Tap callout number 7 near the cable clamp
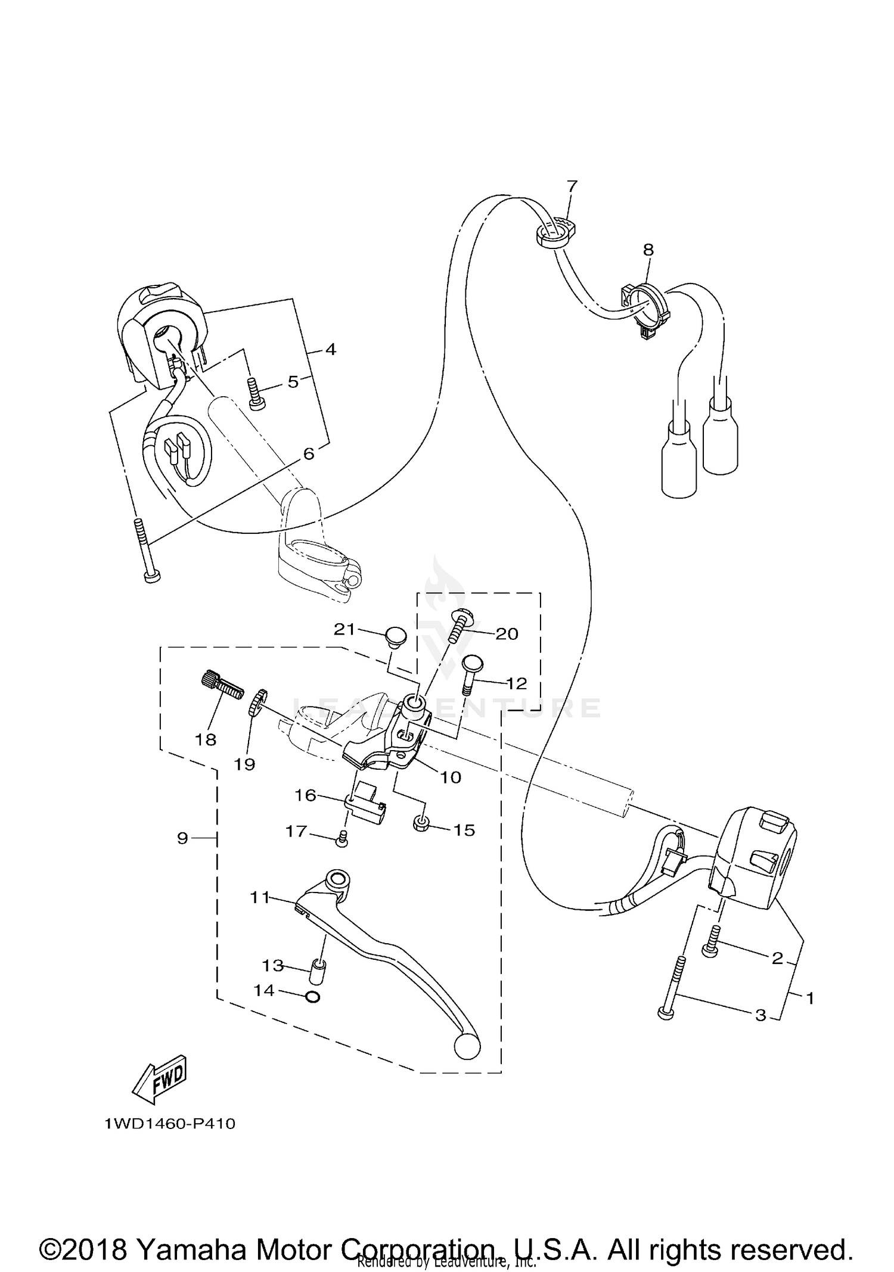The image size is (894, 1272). (x=572, y=186)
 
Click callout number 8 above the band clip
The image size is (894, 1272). (x=648, y=250)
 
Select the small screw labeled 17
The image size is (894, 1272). (x=343, y=839)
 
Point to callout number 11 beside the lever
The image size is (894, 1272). (x=260, y=897)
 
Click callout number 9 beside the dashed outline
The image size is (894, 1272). (x=182, y=838)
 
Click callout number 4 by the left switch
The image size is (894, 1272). (x=331, y=349)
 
